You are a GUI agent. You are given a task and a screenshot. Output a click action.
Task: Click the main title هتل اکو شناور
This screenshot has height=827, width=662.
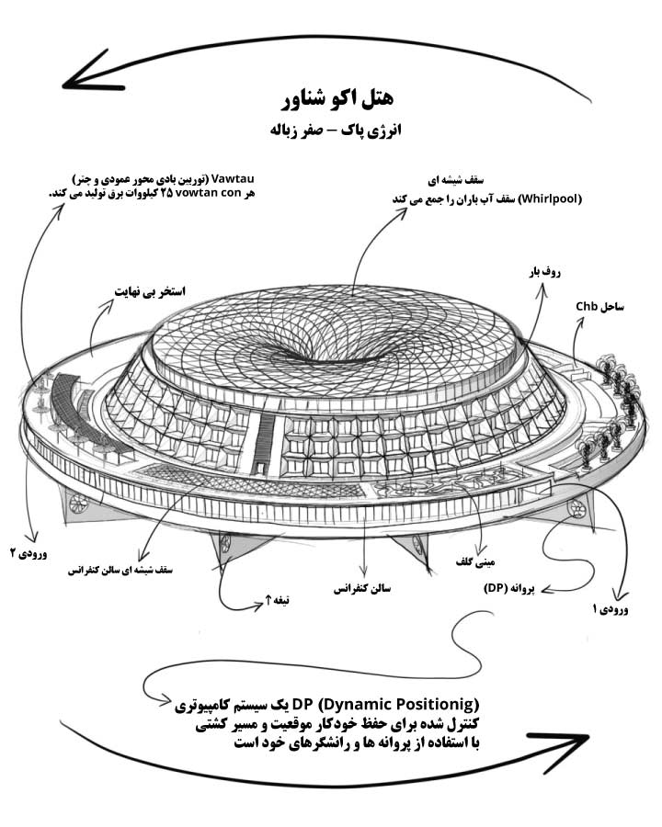point(337,97)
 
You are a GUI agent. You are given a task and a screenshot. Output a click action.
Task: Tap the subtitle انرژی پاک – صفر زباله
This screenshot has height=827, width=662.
point(336,130)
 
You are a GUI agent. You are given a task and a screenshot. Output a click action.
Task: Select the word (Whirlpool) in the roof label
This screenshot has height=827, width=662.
point(550,199)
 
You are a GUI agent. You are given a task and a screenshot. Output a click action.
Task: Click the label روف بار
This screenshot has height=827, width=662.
point(544,272)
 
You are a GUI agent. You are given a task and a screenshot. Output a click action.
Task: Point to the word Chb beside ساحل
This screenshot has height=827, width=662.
point(587,306)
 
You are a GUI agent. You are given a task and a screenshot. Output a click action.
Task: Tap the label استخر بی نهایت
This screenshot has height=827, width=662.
point(151,291)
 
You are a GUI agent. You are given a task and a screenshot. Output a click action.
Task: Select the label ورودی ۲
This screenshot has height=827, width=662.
point(29,554)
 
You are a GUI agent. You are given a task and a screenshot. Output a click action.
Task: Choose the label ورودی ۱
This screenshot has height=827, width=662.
point(611,609)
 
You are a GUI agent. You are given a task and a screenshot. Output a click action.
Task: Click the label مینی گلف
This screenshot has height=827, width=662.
point(475,562)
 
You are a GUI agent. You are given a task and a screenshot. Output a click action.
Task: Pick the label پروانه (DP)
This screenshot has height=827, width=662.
point(508,588)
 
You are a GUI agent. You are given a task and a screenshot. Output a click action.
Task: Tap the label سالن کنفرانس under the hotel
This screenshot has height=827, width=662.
point(362,589)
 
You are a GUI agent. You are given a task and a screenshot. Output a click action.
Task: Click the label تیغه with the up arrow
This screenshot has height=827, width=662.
point(277,600)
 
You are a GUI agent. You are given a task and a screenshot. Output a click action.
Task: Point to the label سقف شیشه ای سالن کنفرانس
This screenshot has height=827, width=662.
point(120,570)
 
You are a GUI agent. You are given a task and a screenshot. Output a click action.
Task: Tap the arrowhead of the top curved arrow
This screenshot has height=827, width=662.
point(85,74)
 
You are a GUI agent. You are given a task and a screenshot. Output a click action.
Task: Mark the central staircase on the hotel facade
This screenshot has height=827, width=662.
point(262,442)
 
